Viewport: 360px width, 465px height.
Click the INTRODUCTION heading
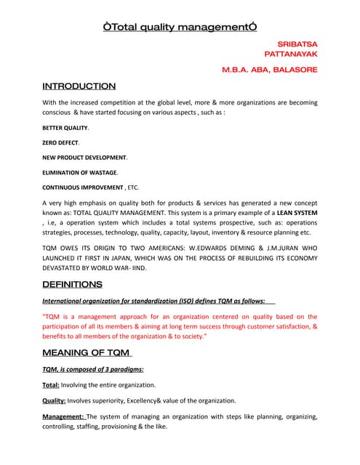pyautogui.click(x=79, y=86)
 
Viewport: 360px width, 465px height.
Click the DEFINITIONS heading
pyautogui.click(x=72, y=284)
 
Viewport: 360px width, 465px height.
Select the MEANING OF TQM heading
pyautogui.click(x=87, y=353)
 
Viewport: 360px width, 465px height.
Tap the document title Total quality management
pyautogui.click(x=180, y=28)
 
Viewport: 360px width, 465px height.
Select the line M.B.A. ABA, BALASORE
pyautogui.click(x=270, y=70)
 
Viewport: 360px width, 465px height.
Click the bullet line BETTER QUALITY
pyautogui.click(x=65, y=127)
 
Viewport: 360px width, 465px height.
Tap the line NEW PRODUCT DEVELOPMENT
pyautogui.click(x=84, y=157)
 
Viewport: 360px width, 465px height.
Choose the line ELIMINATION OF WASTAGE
pyautogui.click(x=79, y=172)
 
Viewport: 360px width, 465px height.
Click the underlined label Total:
pyautogui.click(x=51, y=385)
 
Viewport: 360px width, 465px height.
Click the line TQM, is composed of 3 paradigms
pyautogui.click(x=92, y=370)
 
